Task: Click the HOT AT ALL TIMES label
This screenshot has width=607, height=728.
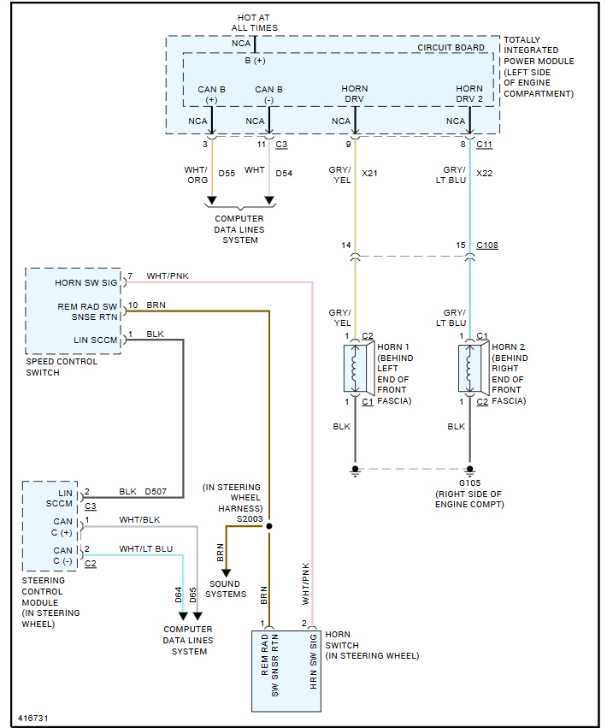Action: pos(254,22)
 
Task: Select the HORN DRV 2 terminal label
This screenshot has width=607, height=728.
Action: pos(469,94)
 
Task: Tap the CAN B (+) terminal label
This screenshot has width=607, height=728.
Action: pos(211,94)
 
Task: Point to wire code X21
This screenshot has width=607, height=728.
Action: pos(369,173)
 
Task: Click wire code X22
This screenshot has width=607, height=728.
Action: pos(484,173)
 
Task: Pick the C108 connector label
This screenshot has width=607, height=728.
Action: pos(486,246)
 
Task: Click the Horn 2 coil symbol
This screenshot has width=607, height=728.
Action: pos(469,368)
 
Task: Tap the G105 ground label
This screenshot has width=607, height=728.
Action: pos(470,482)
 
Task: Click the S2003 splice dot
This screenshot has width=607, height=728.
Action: pos(269,525)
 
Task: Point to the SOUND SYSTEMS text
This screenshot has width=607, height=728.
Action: pos(226,589)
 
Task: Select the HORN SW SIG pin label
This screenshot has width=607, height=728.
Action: pos(86,281)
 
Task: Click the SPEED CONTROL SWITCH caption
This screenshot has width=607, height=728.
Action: pos(62,367)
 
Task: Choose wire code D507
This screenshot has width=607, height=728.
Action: pos(156,491)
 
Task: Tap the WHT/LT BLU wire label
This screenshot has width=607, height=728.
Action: pos(145,548)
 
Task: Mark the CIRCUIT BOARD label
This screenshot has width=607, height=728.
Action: pos(451,48)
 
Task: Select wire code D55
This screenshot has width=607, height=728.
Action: pos(227,173)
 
